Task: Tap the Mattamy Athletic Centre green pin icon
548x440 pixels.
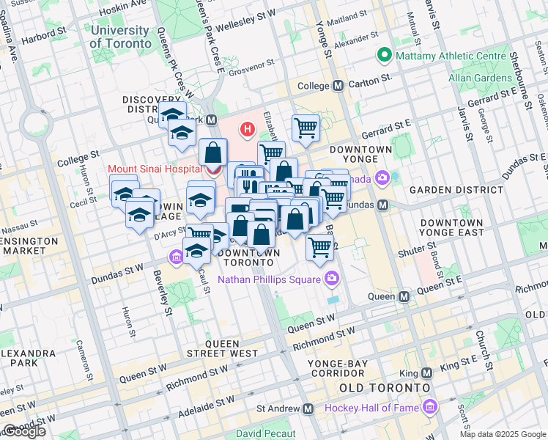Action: [382, 56]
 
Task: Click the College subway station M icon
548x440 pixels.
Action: [338, 86]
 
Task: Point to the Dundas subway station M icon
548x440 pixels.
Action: [382, 205]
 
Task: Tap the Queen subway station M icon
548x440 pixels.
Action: [404, 297]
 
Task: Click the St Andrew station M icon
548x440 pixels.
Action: [308, 408]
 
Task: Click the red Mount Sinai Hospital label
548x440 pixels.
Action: [155, 169]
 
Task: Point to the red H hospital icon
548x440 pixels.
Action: [248, 131]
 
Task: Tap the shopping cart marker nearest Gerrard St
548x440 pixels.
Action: [306, 128]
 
